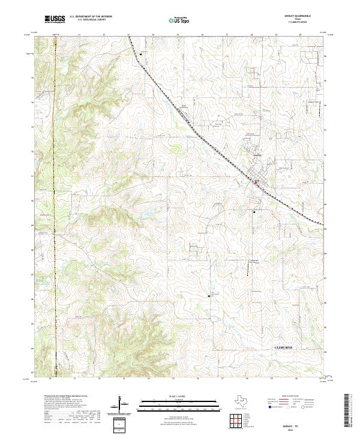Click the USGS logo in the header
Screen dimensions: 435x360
[55, 19]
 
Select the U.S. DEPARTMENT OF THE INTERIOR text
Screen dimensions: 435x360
[91, 17]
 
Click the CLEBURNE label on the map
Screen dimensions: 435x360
[286, 347]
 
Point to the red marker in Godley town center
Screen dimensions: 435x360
[255, 181]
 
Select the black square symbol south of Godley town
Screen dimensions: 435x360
[254, 211]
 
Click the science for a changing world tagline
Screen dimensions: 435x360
[55, 23]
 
